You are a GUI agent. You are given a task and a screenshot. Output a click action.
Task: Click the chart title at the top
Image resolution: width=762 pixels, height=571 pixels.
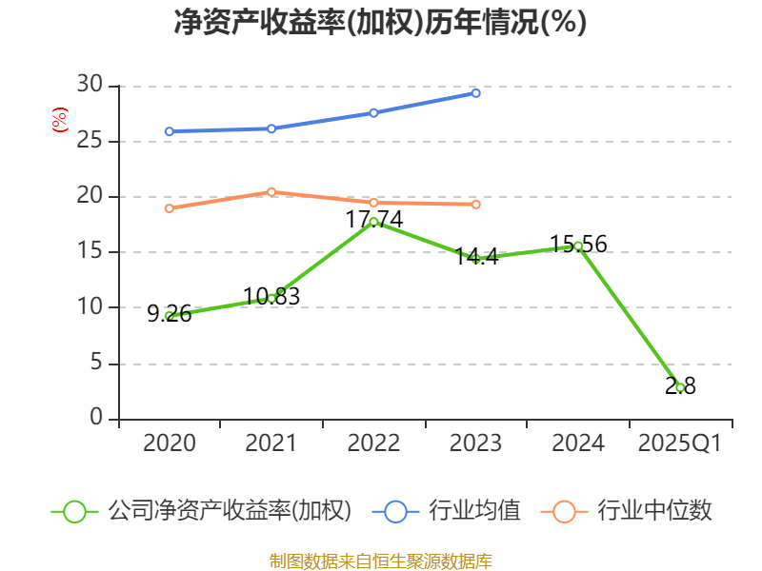(380, 22)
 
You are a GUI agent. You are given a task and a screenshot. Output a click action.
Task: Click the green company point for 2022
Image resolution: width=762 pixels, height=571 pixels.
(373, 222)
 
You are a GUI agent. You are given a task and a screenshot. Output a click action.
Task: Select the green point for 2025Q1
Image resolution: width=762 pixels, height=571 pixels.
(680, 387)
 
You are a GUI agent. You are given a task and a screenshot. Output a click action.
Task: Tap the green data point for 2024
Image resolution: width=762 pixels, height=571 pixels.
(578, 246)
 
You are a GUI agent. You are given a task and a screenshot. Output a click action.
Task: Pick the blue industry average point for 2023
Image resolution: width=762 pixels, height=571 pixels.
(476, 93)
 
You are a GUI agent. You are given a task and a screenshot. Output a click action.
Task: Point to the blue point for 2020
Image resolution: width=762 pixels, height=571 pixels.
(170, 131)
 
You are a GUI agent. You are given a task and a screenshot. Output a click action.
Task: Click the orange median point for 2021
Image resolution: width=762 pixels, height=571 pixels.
(271, 192)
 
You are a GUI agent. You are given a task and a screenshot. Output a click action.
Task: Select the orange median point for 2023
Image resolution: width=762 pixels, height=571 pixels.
(476, 205)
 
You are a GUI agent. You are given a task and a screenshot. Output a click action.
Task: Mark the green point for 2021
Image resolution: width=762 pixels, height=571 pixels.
(271, 298)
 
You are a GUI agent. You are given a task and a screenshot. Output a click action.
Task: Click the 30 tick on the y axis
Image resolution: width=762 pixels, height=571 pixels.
(90, 86)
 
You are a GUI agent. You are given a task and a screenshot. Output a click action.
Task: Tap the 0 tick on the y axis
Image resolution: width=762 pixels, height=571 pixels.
(95, 419)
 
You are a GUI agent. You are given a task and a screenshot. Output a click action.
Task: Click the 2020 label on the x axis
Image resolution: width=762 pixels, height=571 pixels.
(170, 443)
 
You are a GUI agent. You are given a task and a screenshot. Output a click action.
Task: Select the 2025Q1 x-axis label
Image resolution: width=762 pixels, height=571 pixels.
(680, 443)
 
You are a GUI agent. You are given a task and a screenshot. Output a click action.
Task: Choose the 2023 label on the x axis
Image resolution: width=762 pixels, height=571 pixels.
(476, 443)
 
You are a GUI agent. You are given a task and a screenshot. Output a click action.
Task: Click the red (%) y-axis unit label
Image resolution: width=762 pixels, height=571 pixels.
(59, 121)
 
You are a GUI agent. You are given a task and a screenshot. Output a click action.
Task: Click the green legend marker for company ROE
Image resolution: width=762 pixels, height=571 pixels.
(75, 511)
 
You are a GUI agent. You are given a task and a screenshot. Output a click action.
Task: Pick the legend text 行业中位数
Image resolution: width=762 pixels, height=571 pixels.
(654, 511)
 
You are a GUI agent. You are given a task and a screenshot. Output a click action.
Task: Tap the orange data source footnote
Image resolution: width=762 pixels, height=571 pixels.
(380, 561)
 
